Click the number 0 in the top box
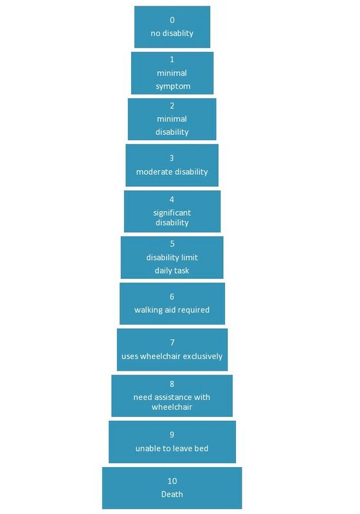coord(172,20)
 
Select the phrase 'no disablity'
coord(172,33)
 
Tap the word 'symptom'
coord(173,86)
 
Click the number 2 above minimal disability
coord(172,105)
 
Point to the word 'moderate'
coord(152,172)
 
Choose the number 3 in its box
coord(172,158)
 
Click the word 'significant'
coord(172,213)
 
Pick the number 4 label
coord(172,199)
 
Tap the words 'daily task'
coord(172,270)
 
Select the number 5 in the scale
coord(172,244)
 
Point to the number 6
coord(172,297)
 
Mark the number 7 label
coord(172,342)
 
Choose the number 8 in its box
coord(172,384)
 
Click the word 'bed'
coord(201,448)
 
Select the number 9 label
coord(172,435)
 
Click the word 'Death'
coord(172,494)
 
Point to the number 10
coord(172,481)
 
